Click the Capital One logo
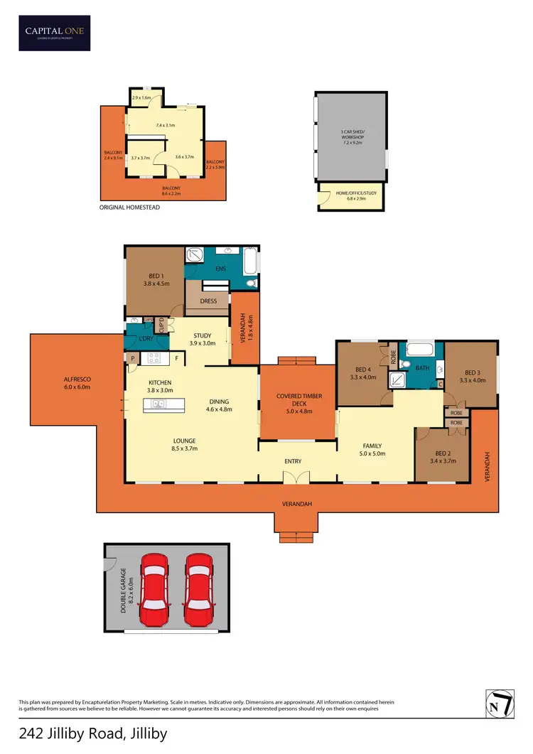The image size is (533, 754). (55, 33)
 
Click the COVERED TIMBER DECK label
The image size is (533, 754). (295, 403)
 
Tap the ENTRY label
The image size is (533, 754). (293, 461)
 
